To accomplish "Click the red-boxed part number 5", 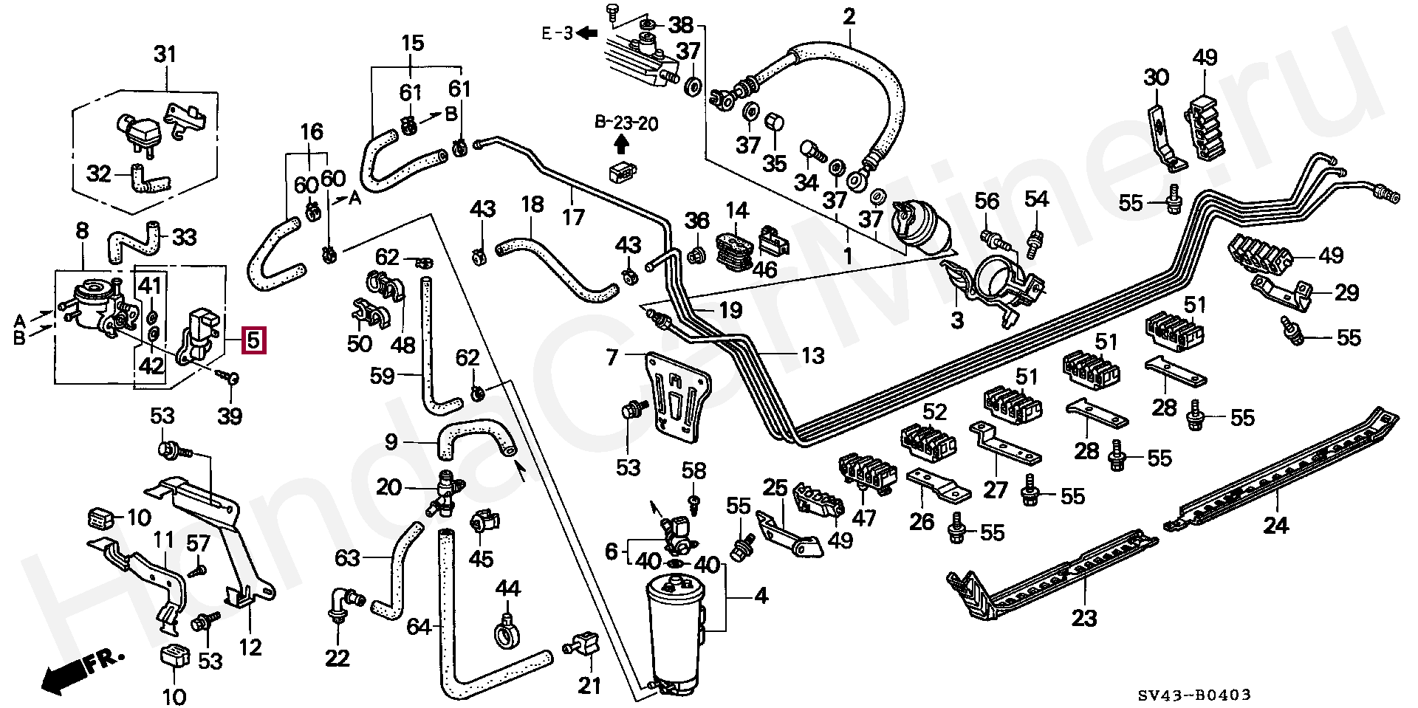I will (253, 340).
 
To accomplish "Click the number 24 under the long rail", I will (1275, 526).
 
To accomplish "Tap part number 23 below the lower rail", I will (1084, 616).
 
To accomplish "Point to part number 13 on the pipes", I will (812, 357).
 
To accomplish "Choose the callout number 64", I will (419, 627).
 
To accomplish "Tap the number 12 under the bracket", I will (250, 647).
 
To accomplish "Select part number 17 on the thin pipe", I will (573, 217).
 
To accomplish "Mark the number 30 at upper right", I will (1157, 78).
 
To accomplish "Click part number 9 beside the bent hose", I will (391, 442).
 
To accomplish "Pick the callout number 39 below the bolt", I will (230, 416).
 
